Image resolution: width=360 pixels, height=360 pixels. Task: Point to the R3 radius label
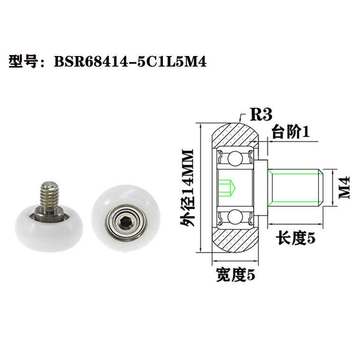click(260, 115)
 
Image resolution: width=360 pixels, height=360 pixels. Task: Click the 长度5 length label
click(296, 238)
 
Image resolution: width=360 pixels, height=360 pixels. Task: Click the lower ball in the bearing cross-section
click(234, 217)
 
